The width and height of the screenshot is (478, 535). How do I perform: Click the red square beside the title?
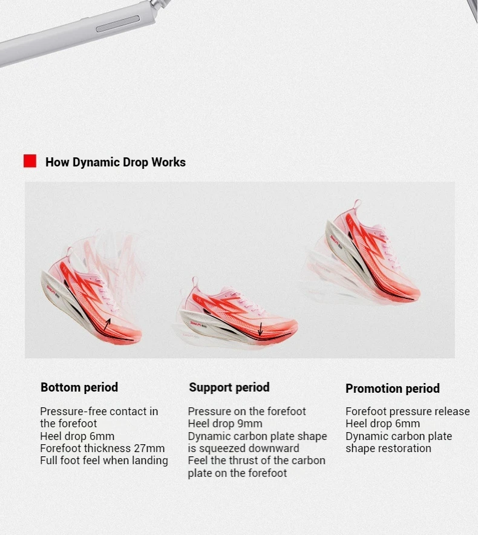[x=30, y=161]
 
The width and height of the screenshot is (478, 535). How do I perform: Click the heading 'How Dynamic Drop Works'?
[x=116, y=162]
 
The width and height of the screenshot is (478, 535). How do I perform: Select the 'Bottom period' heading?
[x=79, y=387]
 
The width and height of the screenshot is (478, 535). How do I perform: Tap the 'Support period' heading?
[x=229, y=387]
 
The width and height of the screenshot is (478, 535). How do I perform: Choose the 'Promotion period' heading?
[x=392, y=389]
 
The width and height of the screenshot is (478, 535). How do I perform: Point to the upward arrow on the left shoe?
[x=106, y=324]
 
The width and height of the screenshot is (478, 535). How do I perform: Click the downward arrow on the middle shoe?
[x=260, y=329]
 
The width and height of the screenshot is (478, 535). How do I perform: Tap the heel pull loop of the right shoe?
[x=357, y=204]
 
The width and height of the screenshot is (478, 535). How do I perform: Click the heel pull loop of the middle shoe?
[x=195, y=282]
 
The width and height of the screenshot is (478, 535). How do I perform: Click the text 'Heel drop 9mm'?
[x=225, y=424]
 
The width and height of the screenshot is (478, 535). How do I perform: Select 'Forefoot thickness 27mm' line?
[x=102, y=448]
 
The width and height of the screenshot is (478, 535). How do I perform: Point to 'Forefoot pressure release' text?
[x=408, y=412]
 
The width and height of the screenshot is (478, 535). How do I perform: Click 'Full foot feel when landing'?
[x=104, y=461]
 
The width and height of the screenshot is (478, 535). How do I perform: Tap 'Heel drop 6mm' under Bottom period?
[x=77, y=436]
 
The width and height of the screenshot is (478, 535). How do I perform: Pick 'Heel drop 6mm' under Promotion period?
[x=383, y=424]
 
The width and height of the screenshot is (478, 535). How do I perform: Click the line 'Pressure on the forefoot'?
[x=247, y=412]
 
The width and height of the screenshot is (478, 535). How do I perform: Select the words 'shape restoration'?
[x=388, y=448]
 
